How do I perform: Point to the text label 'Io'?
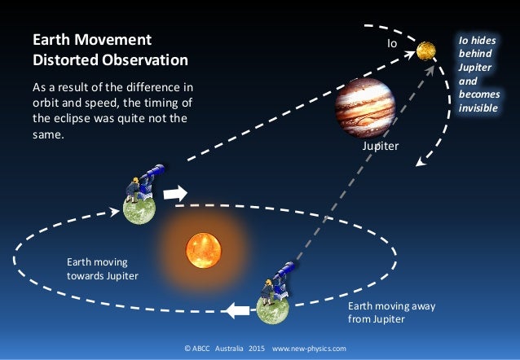(391, 43)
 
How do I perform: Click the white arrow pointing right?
(175, 194)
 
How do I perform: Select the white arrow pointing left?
(237, 310)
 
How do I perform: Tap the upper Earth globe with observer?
(138, 209)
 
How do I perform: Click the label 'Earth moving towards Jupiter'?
(102, 270)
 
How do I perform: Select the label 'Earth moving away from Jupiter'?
(391, 313)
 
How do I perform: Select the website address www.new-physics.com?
(309, 349)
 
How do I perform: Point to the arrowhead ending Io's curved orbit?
(421, 160)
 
